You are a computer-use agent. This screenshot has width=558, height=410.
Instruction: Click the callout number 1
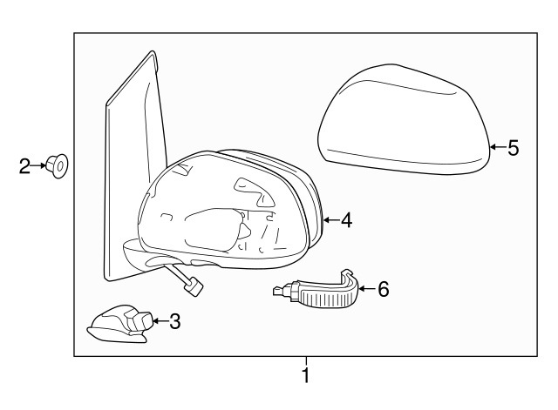(x=306, y=374)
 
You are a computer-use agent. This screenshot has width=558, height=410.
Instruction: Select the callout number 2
(x=24, y=166)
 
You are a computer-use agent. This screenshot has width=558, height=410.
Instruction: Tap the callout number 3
(x=174, y=321)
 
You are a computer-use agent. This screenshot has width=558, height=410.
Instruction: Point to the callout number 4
(x=346, y=220)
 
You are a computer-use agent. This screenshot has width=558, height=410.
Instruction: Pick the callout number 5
(x=514, y=147)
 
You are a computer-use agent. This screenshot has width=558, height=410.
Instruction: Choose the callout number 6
(x=384, y=289)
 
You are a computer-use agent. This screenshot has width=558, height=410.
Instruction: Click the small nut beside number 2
(x=57, y=166)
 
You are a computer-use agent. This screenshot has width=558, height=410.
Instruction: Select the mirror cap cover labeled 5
(x=404, y=120)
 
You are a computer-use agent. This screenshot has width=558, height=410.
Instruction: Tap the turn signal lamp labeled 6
(x=316, y=289)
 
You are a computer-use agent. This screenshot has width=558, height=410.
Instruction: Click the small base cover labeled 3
(x=120, y=324)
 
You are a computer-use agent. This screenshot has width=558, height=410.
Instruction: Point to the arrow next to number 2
(x=38, y=165)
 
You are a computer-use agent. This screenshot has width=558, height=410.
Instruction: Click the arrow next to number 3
(x=160, y=321)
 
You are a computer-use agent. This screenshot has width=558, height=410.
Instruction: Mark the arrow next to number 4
(x=331, y=220)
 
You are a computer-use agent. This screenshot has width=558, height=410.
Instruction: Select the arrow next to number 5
(x=498, y=146)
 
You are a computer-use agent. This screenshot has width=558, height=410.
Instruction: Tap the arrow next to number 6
(x=368, y=288)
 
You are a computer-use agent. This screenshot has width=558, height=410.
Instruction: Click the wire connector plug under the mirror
(x=195, y=286)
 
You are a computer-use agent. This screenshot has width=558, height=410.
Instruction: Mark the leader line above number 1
(x=306, y=360)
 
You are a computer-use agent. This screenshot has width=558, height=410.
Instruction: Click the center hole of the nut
(x=60, y=166)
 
